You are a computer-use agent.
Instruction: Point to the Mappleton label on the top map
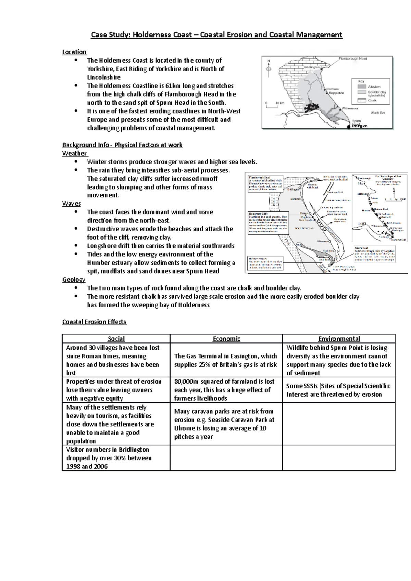[x=336, y=93]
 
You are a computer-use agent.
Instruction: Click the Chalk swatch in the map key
[x=362, y=101]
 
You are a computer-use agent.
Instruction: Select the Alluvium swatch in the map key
[x=362, y=87]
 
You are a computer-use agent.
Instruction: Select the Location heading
[x=74, y=52]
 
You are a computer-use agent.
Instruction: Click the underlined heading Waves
[x=71, y=204]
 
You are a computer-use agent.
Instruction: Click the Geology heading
[x=74, y=280]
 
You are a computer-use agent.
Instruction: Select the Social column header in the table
[x=116, y=339]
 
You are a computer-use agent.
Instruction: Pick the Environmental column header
[x=339, y=339]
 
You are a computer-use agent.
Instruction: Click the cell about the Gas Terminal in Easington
[x=226, y=360]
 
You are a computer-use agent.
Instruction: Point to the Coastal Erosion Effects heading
[x=94, y=322]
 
